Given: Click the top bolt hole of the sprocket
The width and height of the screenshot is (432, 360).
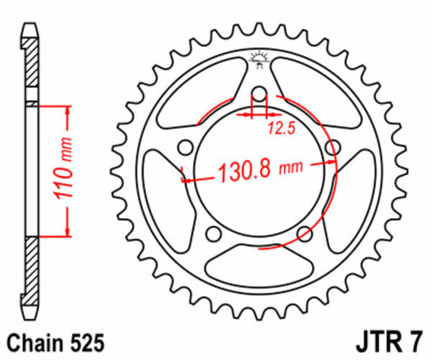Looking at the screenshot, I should [259, 95].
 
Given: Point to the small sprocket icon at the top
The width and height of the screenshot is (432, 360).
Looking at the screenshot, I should [259, 59].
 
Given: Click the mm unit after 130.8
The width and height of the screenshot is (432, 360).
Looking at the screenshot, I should [289, 170].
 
